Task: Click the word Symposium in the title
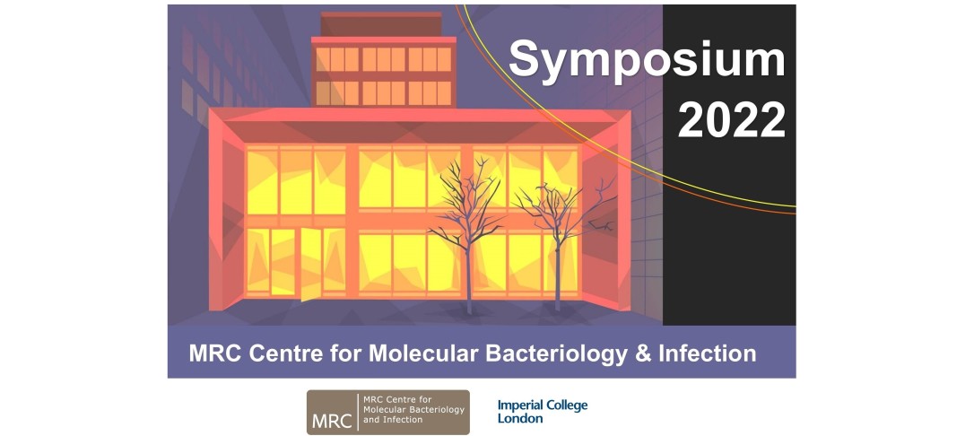tap(647, 60)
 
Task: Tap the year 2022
tap(732, 120)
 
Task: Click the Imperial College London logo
tap(543, 412)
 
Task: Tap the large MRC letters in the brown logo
tap(333, 421)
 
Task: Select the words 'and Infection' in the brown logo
tap(392, 421)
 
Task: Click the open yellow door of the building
tap(310, 264)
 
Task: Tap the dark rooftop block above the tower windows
tap(381, 23)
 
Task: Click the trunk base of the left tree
tap(469, 310)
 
